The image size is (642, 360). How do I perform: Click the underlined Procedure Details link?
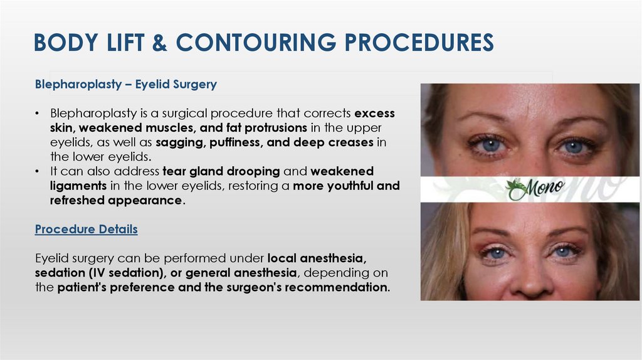(x=87, y=230)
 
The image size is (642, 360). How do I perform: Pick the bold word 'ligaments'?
(x=78, y=186)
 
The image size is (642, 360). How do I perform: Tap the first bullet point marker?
(x=38, y=114)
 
